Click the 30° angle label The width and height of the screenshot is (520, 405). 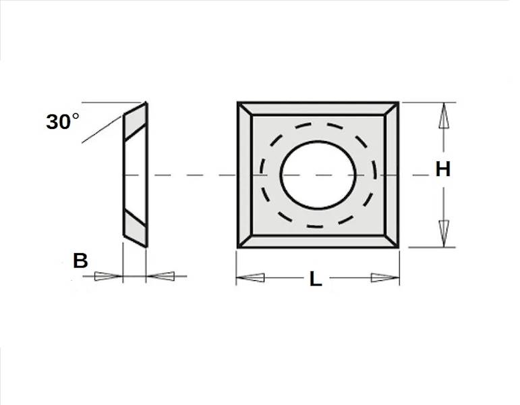pos(63,122)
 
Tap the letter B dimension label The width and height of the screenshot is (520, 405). pos(80,261)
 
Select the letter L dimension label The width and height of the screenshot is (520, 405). pos(316,279)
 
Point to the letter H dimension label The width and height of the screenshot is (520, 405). pos(442,169)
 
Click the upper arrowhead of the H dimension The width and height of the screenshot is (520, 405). pos(444,115)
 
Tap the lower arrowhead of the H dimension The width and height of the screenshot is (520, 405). pos(444,234)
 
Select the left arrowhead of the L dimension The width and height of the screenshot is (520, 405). pos(250,278)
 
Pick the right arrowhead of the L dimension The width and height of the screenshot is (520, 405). pos(385,278)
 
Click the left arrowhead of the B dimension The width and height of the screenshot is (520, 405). pos(109,276)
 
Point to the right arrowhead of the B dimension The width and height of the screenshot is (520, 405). pos(161,276)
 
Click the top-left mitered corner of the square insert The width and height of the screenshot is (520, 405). pos(245,109)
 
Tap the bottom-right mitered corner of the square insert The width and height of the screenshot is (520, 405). pos(391,242)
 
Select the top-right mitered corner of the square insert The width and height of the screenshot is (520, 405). pos(391,109)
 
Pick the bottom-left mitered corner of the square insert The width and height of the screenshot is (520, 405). pos(245,242)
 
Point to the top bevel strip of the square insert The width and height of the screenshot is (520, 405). pos(318,109)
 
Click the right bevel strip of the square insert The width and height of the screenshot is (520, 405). pos(391,175)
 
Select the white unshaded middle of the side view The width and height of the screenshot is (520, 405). pos(135,175)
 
